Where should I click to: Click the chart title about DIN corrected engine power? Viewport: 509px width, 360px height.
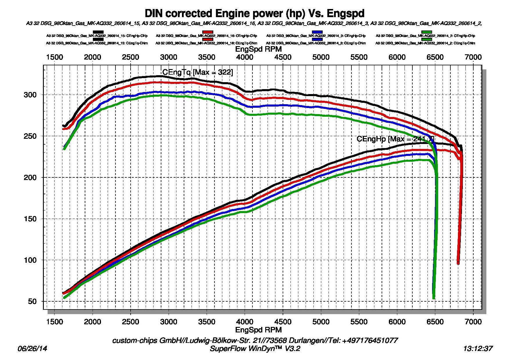click(x=255, y=13)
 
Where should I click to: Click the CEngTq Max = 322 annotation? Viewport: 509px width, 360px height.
click(x=197, y=72)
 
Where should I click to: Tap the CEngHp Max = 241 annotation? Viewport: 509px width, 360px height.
click(x=395, y=139)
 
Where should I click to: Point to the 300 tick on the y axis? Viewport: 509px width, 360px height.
click(x=30, y=95)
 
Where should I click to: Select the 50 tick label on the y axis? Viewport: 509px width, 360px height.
click(x=32, y=302)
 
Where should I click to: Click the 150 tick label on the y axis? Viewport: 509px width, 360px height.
click(x=30, y=219)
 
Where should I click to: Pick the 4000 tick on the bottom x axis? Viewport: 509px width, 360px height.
click(x=245, y=322)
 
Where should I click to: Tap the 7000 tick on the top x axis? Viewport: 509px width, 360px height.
click(x=473, y=57)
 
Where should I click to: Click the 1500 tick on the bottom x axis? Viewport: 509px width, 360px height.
click(x=55, y=322)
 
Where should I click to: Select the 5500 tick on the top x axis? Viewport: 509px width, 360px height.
click(x=359, y=57)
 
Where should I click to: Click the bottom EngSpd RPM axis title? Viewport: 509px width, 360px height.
click(x=258, y=330)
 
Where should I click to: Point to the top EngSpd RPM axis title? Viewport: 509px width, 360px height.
click(x=258, y=49)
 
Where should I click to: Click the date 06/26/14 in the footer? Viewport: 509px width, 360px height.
click(x=32, y=348)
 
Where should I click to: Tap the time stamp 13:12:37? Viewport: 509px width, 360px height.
click(x=478, y=348)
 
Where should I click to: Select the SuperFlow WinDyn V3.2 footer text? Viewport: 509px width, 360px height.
click(x=255, y=348)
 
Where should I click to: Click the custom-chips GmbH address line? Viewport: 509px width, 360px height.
click(x=255, y=340)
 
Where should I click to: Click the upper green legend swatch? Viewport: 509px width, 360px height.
click(x=427, y=32)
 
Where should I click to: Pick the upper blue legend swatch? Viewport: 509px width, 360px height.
click(x=317, y=32)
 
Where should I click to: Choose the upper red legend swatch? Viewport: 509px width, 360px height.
click(x=208, y=32)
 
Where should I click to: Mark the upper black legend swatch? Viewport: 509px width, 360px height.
click(x=98, y=32)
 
